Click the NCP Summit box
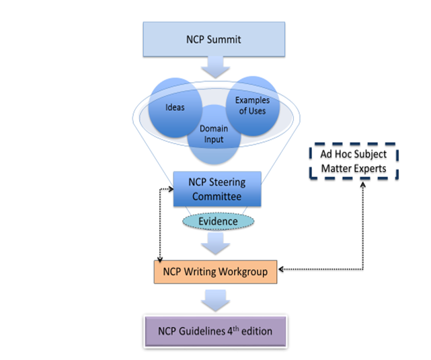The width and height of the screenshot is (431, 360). [214, 39]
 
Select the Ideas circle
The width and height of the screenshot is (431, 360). [175, 108]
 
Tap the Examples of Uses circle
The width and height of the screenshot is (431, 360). [253, 106]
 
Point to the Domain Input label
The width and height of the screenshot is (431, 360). [214, 134]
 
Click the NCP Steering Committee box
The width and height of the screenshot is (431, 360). [217, 189]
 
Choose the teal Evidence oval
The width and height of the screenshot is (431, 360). [219, 221]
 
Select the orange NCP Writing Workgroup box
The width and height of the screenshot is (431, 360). [215, 272]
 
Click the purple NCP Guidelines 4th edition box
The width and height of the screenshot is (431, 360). [215, 331]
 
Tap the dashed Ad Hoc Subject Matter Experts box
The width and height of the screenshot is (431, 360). [354, 161]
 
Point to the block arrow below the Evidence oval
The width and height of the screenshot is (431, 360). [215, 244]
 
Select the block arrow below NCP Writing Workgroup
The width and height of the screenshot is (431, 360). [215, 301]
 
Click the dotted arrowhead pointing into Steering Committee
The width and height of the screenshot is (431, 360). [171, 189]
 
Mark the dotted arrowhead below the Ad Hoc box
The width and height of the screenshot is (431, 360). [363, 184]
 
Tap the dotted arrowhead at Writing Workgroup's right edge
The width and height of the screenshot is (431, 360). [281, 269]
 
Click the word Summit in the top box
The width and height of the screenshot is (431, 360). [224, 40]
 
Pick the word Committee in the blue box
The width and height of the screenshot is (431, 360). [217, 196]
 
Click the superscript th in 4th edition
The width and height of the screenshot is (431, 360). [236, 328]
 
